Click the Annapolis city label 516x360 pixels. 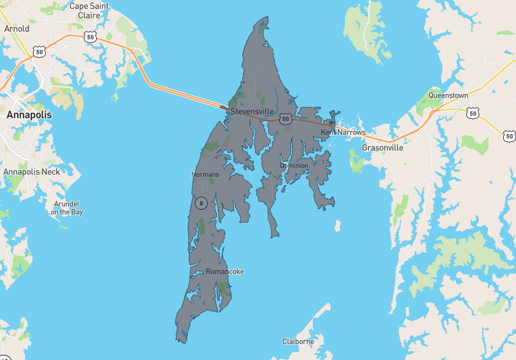coord(28,115)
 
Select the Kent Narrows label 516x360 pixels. coord(343,132)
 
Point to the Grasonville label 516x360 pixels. coord(382,148)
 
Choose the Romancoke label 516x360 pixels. coord(224,272)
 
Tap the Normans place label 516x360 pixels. coord(205,175)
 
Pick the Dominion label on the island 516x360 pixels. coord(294,166)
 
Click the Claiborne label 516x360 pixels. coord(298,341)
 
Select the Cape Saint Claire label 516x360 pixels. coord(88,11)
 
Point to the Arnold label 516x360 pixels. coord(17,29)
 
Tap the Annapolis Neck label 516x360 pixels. coord(32,172)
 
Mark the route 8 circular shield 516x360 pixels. coord(201,203)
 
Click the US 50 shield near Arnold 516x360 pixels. coord(40,51)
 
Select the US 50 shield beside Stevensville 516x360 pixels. coord(286,119)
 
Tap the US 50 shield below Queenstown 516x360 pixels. coord(473,113)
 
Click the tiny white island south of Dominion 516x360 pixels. coord(337,226)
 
